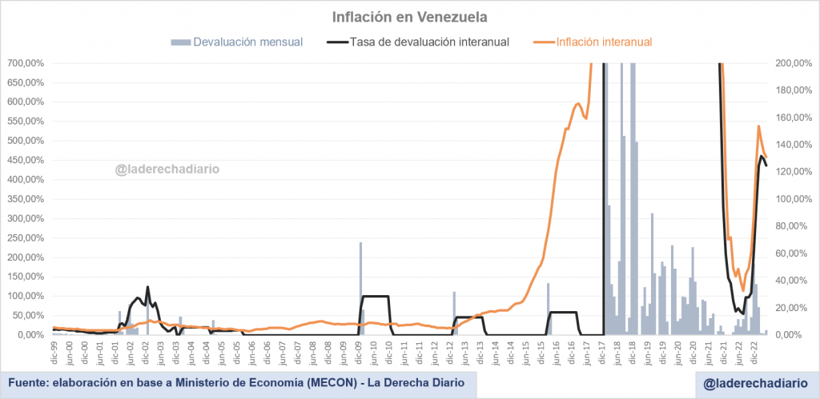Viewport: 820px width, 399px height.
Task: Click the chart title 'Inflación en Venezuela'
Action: click(x=409, y=16)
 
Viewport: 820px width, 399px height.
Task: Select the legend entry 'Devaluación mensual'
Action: click(x=248, y=42)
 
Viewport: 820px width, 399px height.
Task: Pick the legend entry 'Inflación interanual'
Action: click(x=605, y=42)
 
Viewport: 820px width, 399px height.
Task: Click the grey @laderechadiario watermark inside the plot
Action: click(x=167, y=169)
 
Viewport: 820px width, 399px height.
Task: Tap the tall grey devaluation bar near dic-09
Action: click(x=360, y=288)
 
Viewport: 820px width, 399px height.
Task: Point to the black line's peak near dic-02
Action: click(x=147, y=287)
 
